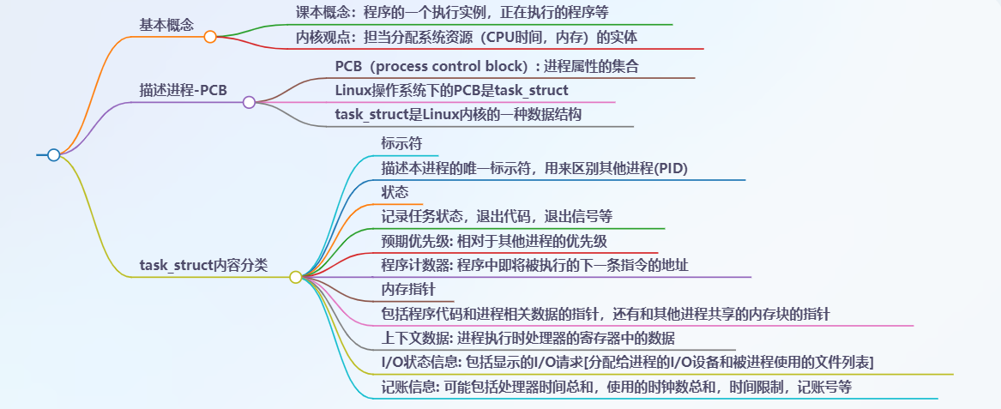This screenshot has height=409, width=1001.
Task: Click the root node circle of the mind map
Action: pyautogui.click(x=53, y=155)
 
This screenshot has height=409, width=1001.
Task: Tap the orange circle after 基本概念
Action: pyautogui.click(x=210, y=37)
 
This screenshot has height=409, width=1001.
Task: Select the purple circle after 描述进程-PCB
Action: pyautogui.click(x=249, y=102)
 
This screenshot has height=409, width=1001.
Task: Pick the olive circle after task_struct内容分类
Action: pyautogui.click(x=296, y=277)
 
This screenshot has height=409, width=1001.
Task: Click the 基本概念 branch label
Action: pyautogui.click(x=166, y=24)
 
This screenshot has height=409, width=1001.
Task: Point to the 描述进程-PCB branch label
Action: pyautogui.click(x=184, y=89)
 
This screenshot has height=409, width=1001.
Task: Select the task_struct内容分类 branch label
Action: pyautogui.click(x=203, y=265)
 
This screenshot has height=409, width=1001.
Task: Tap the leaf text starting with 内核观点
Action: pyautogui.click(x=467, y=38)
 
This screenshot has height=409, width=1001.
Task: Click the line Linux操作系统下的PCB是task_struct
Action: pyautogui.click(x=451, y=90)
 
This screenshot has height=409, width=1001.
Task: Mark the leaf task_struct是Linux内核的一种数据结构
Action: pyautogui.click(x=458, y=114)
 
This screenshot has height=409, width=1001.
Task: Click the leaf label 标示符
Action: pyautogui.click(x=401, y=143)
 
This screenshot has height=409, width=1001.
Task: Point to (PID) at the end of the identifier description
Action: pyautogui.click(x=672, y=168)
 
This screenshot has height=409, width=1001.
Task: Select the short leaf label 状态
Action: pyautogui.click(x=395, y=192)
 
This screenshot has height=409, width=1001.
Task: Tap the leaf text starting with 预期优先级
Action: pyautogui.click(x=494, y=240)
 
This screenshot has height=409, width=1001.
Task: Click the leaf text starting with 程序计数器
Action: pyautogui.click(x=534, y=265)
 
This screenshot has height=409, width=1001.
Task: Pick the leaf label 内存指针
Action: pyautogui.click(x=408, y=290)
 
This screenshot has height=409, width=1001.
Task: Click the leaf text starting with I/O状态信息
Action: pyautogui.click(x=627, y=362)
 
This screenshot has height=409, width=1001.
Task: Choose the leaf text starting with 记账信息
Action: pyautogui.click(x=616, y=387)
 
